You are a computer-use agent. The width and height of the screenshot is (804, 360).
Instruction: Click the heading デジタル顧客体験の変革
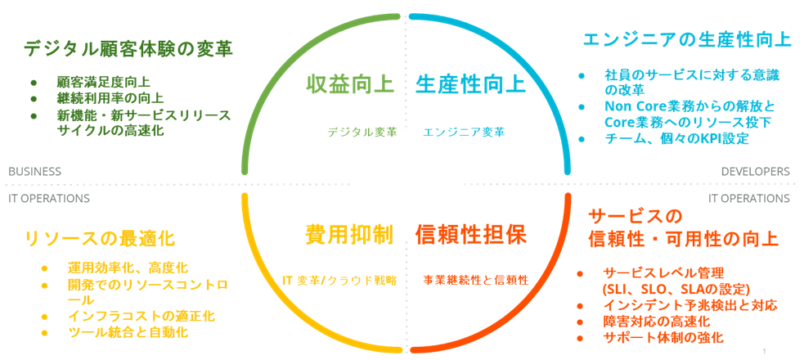[x=128, y=49]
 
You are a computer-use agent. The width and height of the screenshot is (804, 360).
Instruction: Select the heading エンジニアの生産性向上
[x=686, y=39]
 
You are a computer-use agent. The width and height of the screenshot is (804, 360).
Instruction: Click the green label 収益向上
[x=350, y=84]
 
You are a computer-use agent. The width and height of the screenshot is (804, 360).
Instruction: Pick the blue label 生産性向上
[x=469, y=84]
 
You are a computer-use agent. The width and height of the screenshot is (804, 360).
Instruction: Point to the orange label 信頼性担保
[x=471, y=234]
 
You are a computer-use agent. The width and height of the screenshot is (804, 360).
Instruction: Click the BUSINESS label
[x=34, y=172]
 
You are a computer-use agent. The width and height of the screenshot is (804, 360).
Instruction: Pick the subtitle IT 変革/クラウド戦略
[x=339, y=280]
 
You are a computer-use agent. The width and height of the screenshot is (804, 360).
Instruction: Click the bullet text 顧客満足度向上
[x=103, y=82]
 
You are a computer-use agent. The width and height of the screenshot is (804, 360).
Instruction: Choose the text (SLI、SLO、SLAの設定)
[x=676, y=289]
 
